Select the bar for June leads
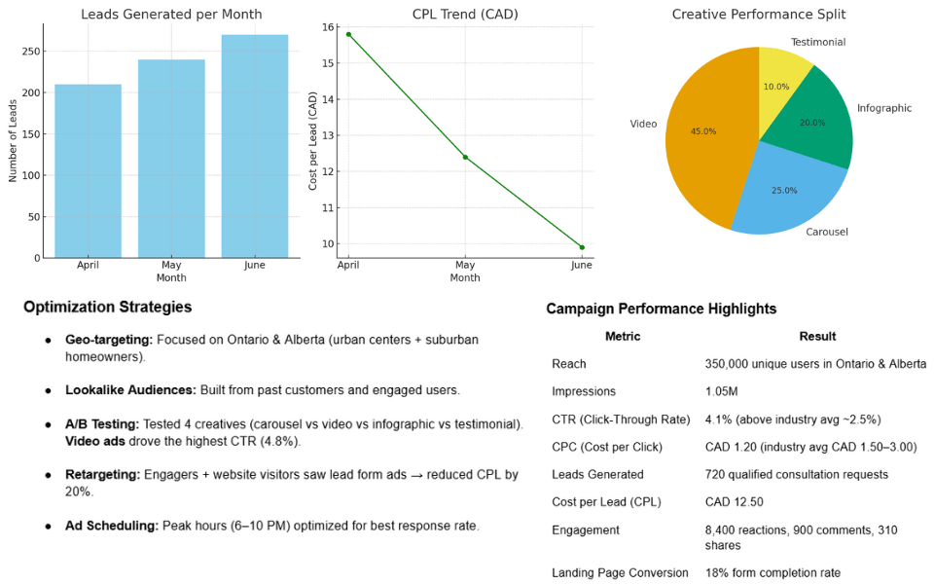(x=255, y=146)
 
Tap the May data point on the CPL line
(x=465, y=157)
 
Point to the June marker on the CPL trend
(x=582, y=247)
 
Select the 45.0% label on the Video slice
(x=702, y=131)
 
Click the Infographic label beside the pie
(x=883, y=108)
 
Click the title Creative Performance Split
(x=759, y=15)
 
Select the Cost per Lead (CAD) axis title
(x=313, y=142)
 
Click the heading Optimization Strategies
(x=107, y=308)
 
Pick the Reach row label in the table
(x=568, y=364)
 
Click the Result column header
(x=817, y=337)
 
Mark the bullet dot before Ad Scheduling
(x=48, y=527)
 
